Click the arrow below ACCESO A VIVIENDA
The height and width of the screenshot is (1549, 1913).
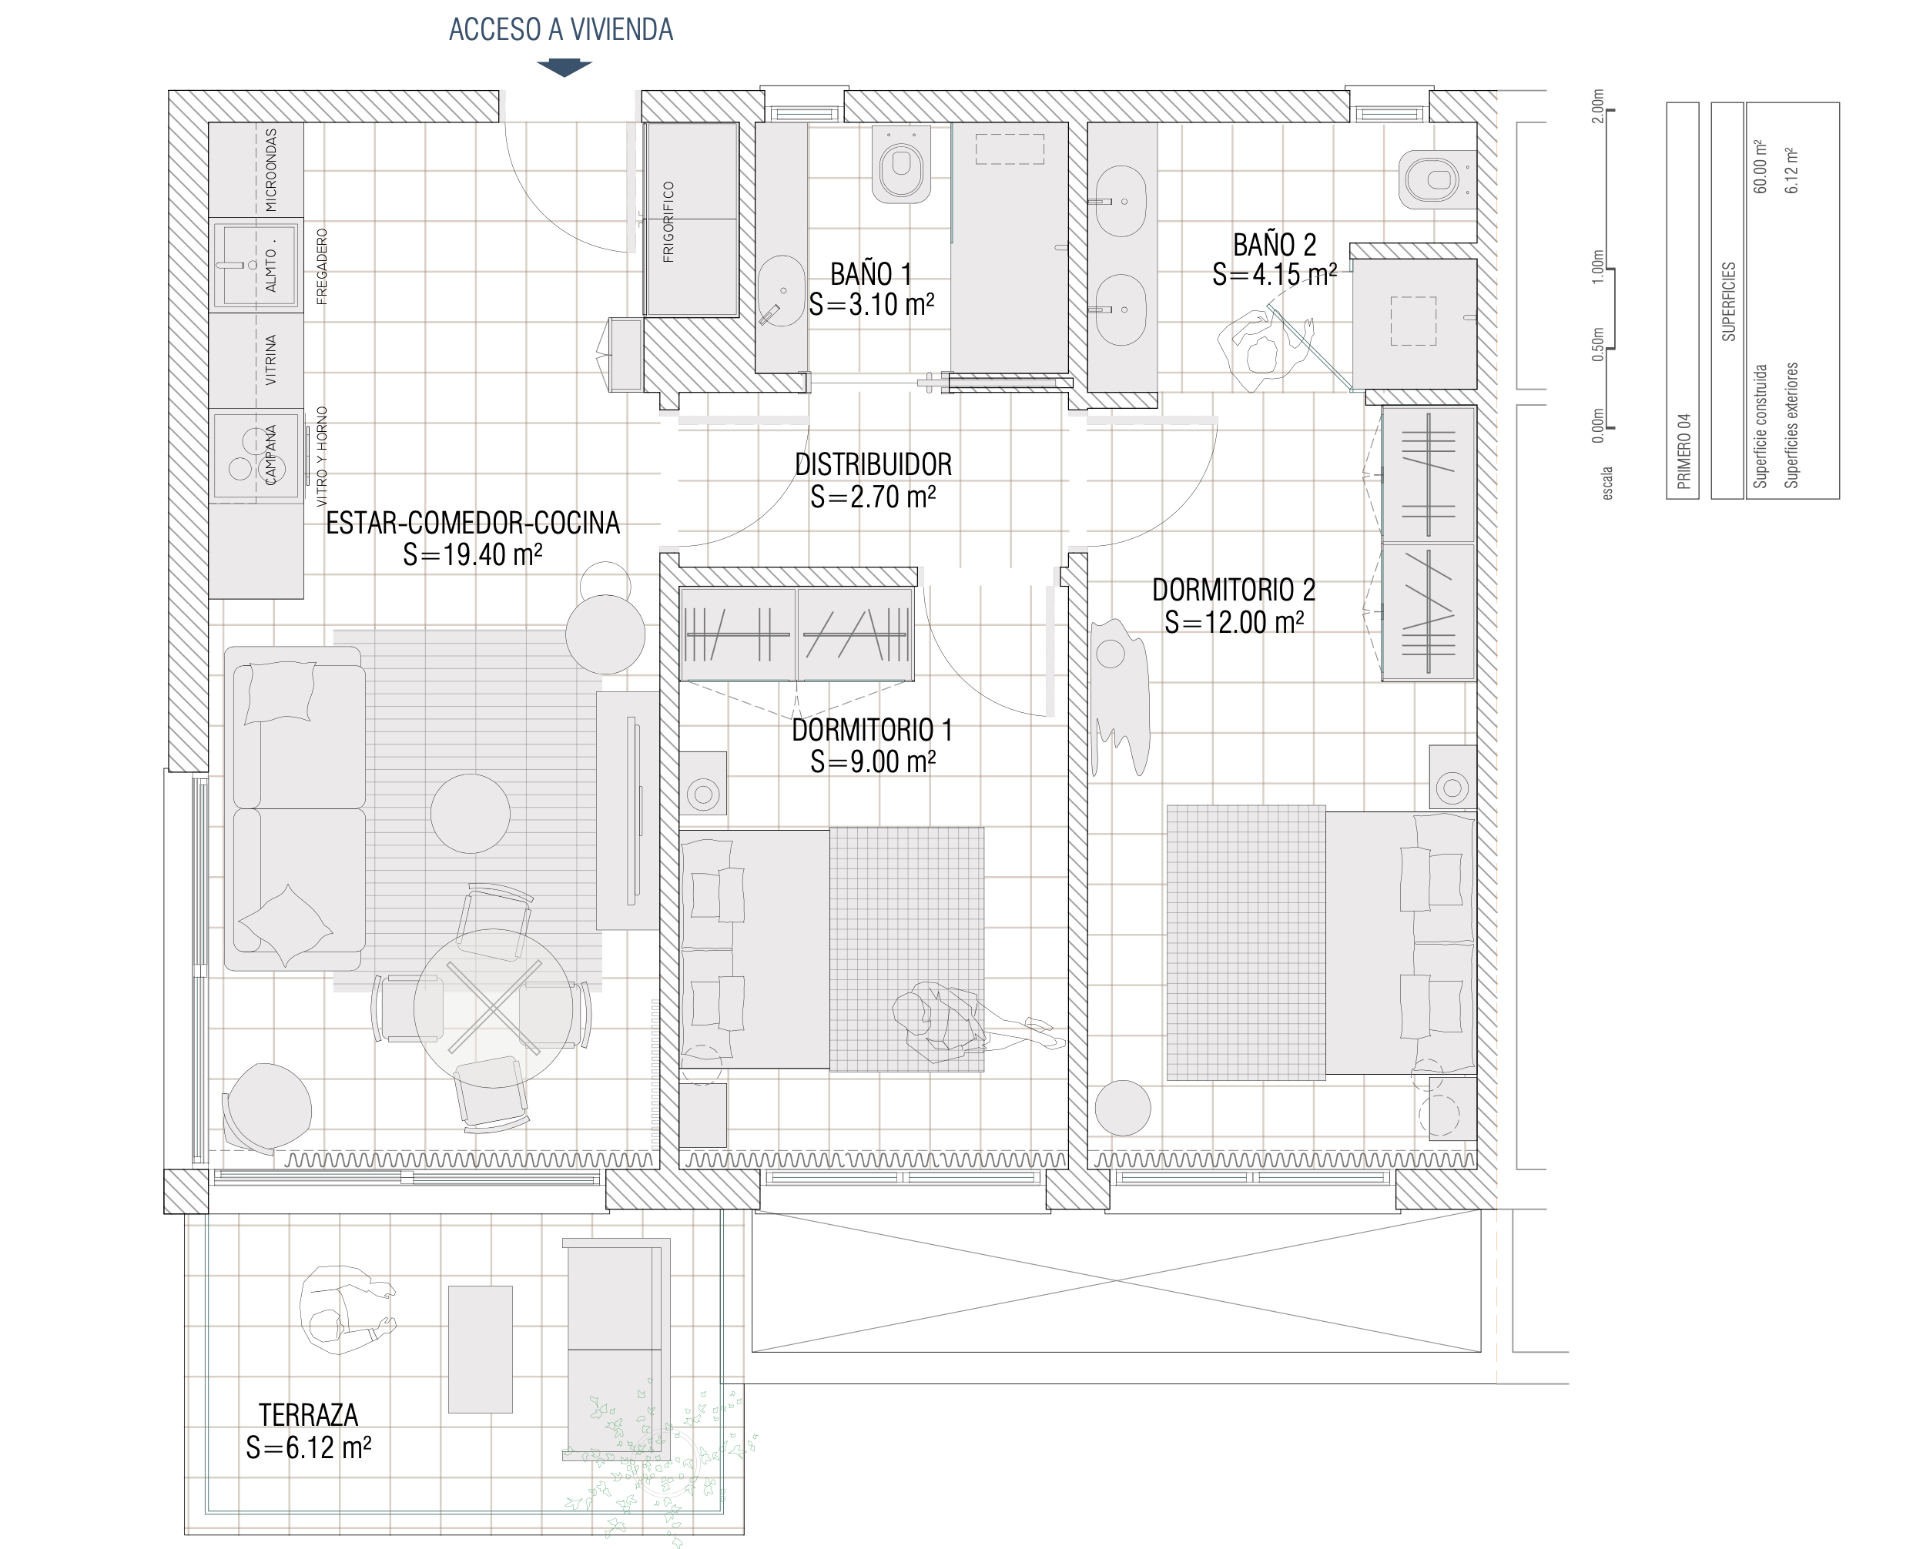(563, 68)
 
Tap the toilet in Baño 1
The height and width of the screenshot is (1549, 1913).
(901, 164)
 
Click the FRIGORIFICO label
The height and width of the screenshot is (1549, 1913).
(668, 222)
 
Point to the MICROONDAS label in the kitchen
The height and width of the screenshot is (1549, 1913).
(270, 169)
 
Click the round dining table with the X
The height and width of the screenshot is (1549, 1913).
(493, 1007)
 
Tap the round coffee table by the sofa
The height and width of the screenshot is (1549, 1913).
(471, 813)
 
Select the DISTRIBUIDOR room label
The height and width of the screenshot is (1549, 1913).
(873, 464)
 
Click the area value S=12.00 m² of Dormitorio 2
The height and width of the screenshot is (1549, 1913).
(1234, 622)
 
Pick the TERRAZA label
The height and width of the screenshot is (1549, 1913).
(308, 1414)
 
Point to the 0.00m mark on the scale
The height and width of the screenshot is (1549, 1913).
(1598, 426)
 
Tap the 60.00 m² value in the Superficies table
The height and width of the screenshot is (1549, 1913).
(1760, 166)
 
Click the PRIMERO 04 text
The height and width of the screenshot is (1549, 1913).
(1684, 450)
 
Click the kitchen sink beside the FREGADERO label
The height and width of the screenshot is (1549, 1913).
(254, 265)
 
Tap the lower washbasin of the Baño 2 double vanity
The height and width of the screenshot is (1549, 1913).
(1121, 309)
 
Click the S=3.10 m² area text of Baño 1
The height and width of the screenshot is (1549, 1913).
(871, 304)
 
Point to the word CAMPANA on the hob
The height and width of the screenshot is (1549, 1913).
(270, 455)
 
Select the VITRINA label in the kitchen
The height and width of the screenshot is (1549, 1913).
(270, 360)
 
